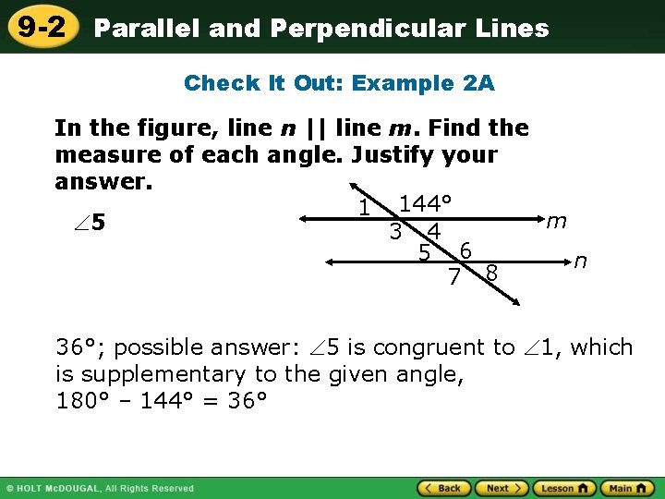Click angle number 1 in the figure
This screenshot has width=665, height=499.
[365, 210]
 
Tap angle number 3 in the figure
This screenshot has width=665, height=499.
[394, 233]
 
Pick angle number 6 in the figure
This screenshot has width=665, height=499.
[466, 249]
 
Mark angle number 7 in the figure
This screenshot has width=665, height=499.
[453, 275]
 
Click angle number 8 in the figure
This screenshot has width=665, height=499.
[491, 274]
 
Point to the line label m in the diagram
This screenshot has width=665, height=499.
[556, 222]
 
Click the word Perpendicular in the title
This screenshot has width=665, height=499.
[373, 29]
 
